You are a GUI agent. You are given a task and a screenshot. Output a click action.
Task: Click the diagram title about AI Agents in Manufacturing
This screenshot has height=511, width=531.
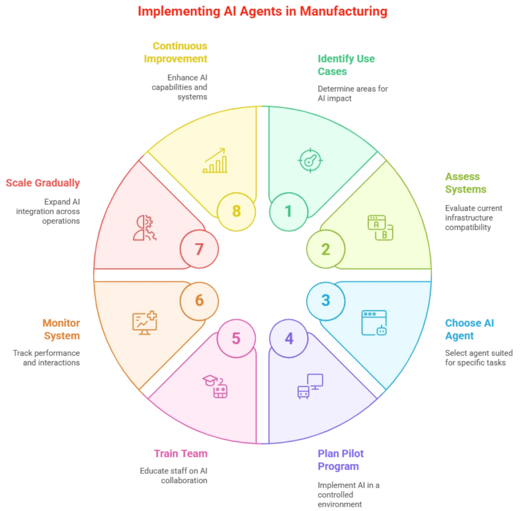point(262,11)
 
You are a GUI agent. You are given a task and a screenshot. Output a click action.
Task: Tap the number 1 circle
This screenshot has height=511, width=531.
point(289,211)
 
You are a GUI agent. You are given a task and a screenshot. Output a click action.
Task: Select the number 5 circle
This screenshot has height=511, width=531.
point(236,338)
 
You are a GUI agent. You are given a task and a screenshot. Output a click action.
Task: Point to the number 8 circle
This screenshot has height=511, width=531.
point(236,211)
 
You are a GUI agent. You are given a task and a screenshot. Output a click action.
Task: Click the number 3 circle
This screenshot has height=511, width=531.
point(325,301)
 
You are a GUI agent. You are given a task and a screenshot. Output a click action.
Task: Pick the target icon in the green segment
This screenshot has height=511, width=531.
point(310,160)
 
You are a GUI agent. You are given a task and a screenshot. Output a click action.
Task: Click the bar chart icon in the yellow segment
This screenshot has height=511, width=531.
point(215,161)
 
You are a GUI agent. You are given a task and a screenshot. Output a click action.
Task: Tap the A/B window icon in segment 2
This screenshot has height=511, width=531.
point(381,227)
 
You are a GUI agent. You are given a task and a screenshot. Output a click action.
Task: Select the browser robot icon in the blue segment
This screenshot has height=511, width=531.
point(374,323)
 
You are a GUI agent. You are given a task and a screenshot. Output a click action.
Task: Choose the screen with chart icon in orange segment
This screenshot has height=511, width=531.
point(145,323)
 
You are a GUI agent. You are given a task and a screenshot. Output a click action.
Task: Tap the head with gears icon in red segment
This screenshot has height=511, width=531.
point(145,227)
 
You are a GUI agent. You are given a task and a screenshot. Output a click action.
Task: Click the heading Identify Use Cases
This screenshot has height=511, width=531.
point(346,65)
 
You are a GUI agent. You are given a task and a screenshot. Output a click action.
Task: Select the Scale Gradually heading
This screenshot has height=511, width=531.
point(43,183)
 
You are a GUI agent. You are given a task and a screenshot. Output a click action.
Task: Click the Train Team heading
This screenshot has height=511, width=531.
point(180,453)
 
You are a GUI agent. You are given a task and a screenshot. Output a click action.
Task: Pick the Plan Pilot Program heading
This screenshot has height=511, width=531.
point(341,460)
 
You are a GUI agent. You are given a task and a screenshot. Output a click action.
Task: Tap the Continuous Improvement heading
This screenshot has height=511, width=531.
point(176,52)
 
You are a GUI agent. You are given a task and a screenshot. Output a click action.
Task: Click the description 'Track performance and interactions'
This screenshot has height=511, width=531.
point(46,358)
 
